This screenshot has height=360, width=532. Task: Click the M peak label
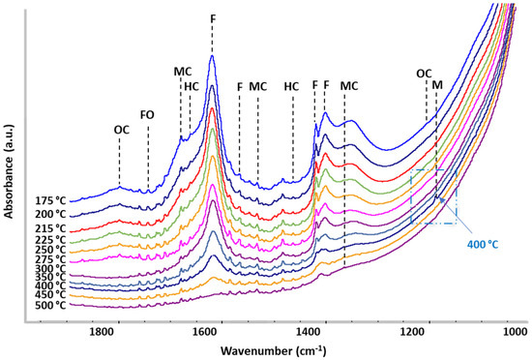coord(437,85)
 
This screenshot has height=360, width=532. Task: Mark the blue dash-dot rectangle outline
coord(410,198)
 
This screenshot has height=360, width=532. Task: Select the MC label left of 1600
coord(182,72)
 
